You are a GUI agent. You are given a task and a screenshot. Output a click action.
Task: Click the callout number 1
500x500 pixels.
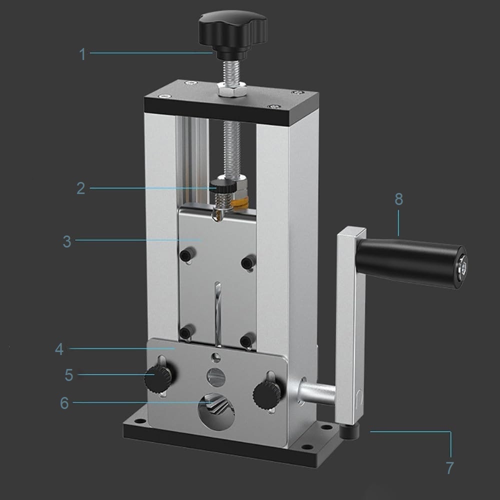coord(82,54)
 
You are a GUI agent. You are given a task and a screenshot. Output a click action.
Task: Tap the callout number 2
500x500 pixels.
coord(80,188)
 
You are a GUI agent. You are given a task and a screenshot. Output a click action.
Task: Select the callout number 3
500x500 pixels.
coord(67,241)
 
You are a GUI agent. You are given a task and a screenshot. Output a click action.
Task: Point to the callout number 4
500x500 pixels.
coord(59,349)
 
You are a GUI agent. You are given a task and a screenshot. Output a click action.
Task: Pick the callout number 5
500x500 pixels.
coord(69,375)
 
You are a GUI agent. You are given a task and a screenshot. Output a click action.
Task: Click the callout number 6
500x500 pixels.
coord(64,402)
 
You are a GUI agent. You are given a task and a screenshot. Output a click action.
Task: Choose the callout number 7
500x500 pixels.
coord(449,468)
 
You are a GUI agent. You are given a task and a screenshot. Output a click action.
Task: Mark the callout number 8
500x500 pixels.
coord(398,199)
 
